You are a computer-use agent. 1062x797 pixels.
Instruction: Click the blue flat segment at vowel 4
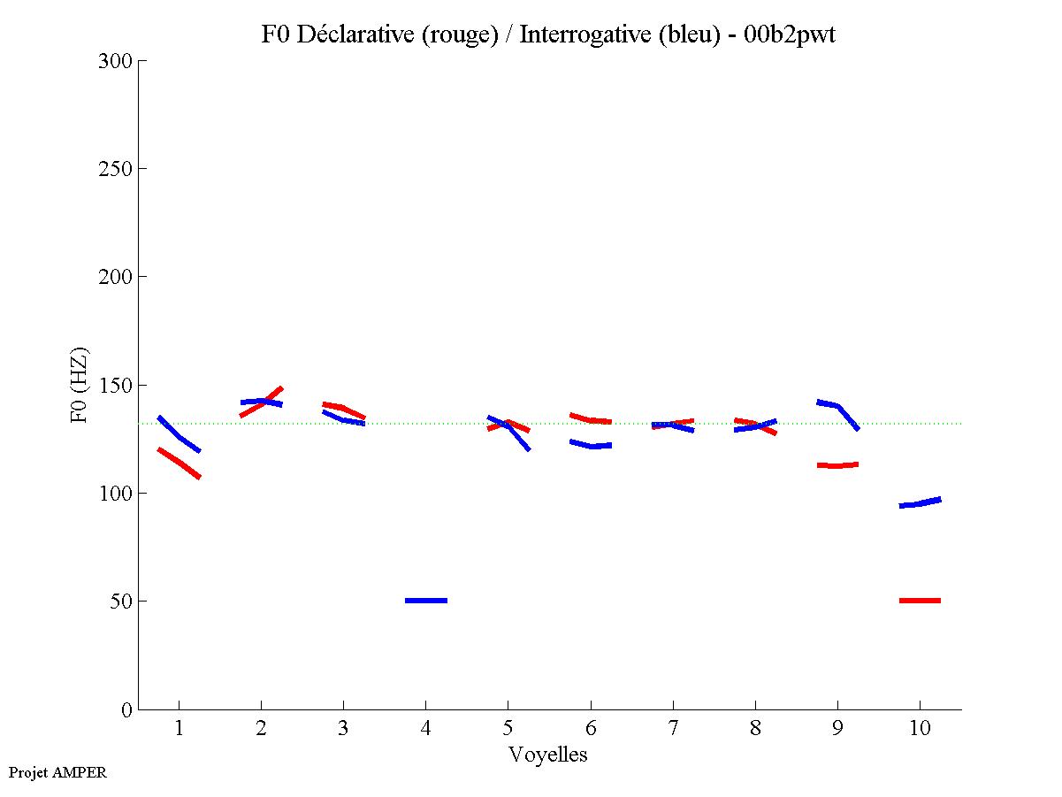coord(426,601)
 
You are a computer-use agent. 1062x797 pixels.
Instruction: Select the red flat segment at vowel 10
coord(920,601)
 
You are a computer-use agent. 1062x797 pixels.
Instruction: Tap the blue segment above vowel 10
coord(920,503)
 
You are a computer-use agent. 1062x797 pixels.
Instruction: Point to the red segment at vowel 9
coord(837,465)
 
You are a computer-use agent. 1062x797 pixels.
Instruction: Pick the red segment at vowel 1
coord(180,463)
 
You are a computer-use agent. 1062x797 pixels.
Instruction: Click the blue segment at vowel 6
coord(591,445)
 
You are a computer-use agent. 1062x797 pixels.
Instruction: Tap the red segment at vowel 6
coord(591,419)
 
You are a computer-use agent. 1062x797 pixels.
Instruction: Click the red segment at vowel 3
coord(343,409)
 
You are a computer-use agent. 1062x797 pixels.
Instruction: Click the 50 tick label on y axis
coord(120,602)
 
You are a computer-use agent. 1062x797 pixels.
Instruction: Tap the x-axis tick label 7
coord(673,730)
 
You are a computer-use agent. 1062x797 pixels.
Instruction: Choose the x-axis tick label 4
coord(425,730)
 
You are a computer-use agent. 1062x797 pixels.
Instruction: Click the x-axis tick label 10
coord(920,730)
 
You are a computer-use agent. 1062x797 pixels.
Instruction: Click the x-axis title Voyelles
coord(548,755)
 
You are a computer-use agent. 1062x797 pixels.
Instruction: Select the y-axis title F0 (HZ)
coord(80,385)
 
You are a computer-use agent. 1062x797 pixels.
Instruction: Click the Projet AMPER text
coord(57,772)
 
